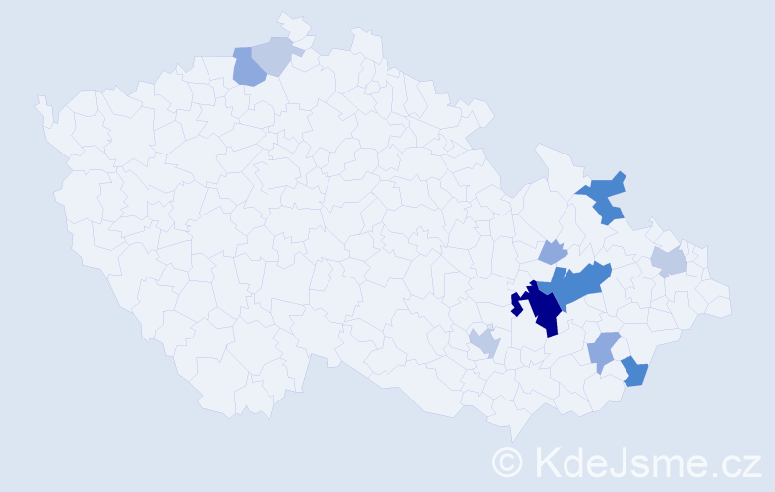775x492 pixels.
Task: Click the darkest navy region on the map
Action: click(544, 308)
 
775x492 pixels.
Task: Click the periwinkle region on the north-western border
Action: click(247, 68)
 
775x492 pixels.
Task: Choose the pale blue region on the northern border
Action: click(274, 55)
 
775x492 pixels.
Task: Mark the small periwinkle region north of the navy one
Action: click(553, 252)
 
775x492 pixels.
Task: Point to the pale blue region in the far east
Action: click(669, 262)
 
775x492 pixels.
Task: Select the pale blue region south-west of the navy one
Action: click(484, 342)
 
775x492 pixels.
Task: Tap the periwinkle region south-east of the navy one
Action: click(602, 349)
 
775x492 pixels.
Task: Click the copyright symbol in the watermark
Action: click(507, 461)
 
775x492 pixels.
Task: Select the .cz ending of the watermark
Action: click(738, 462)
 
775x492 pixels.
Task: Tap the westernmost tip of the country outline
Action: click(38, 100)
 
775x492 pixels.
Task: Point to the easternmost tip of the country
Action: click(731, 305)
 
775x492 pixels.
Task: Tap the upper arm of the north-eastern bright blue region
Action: click(614, 182)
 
